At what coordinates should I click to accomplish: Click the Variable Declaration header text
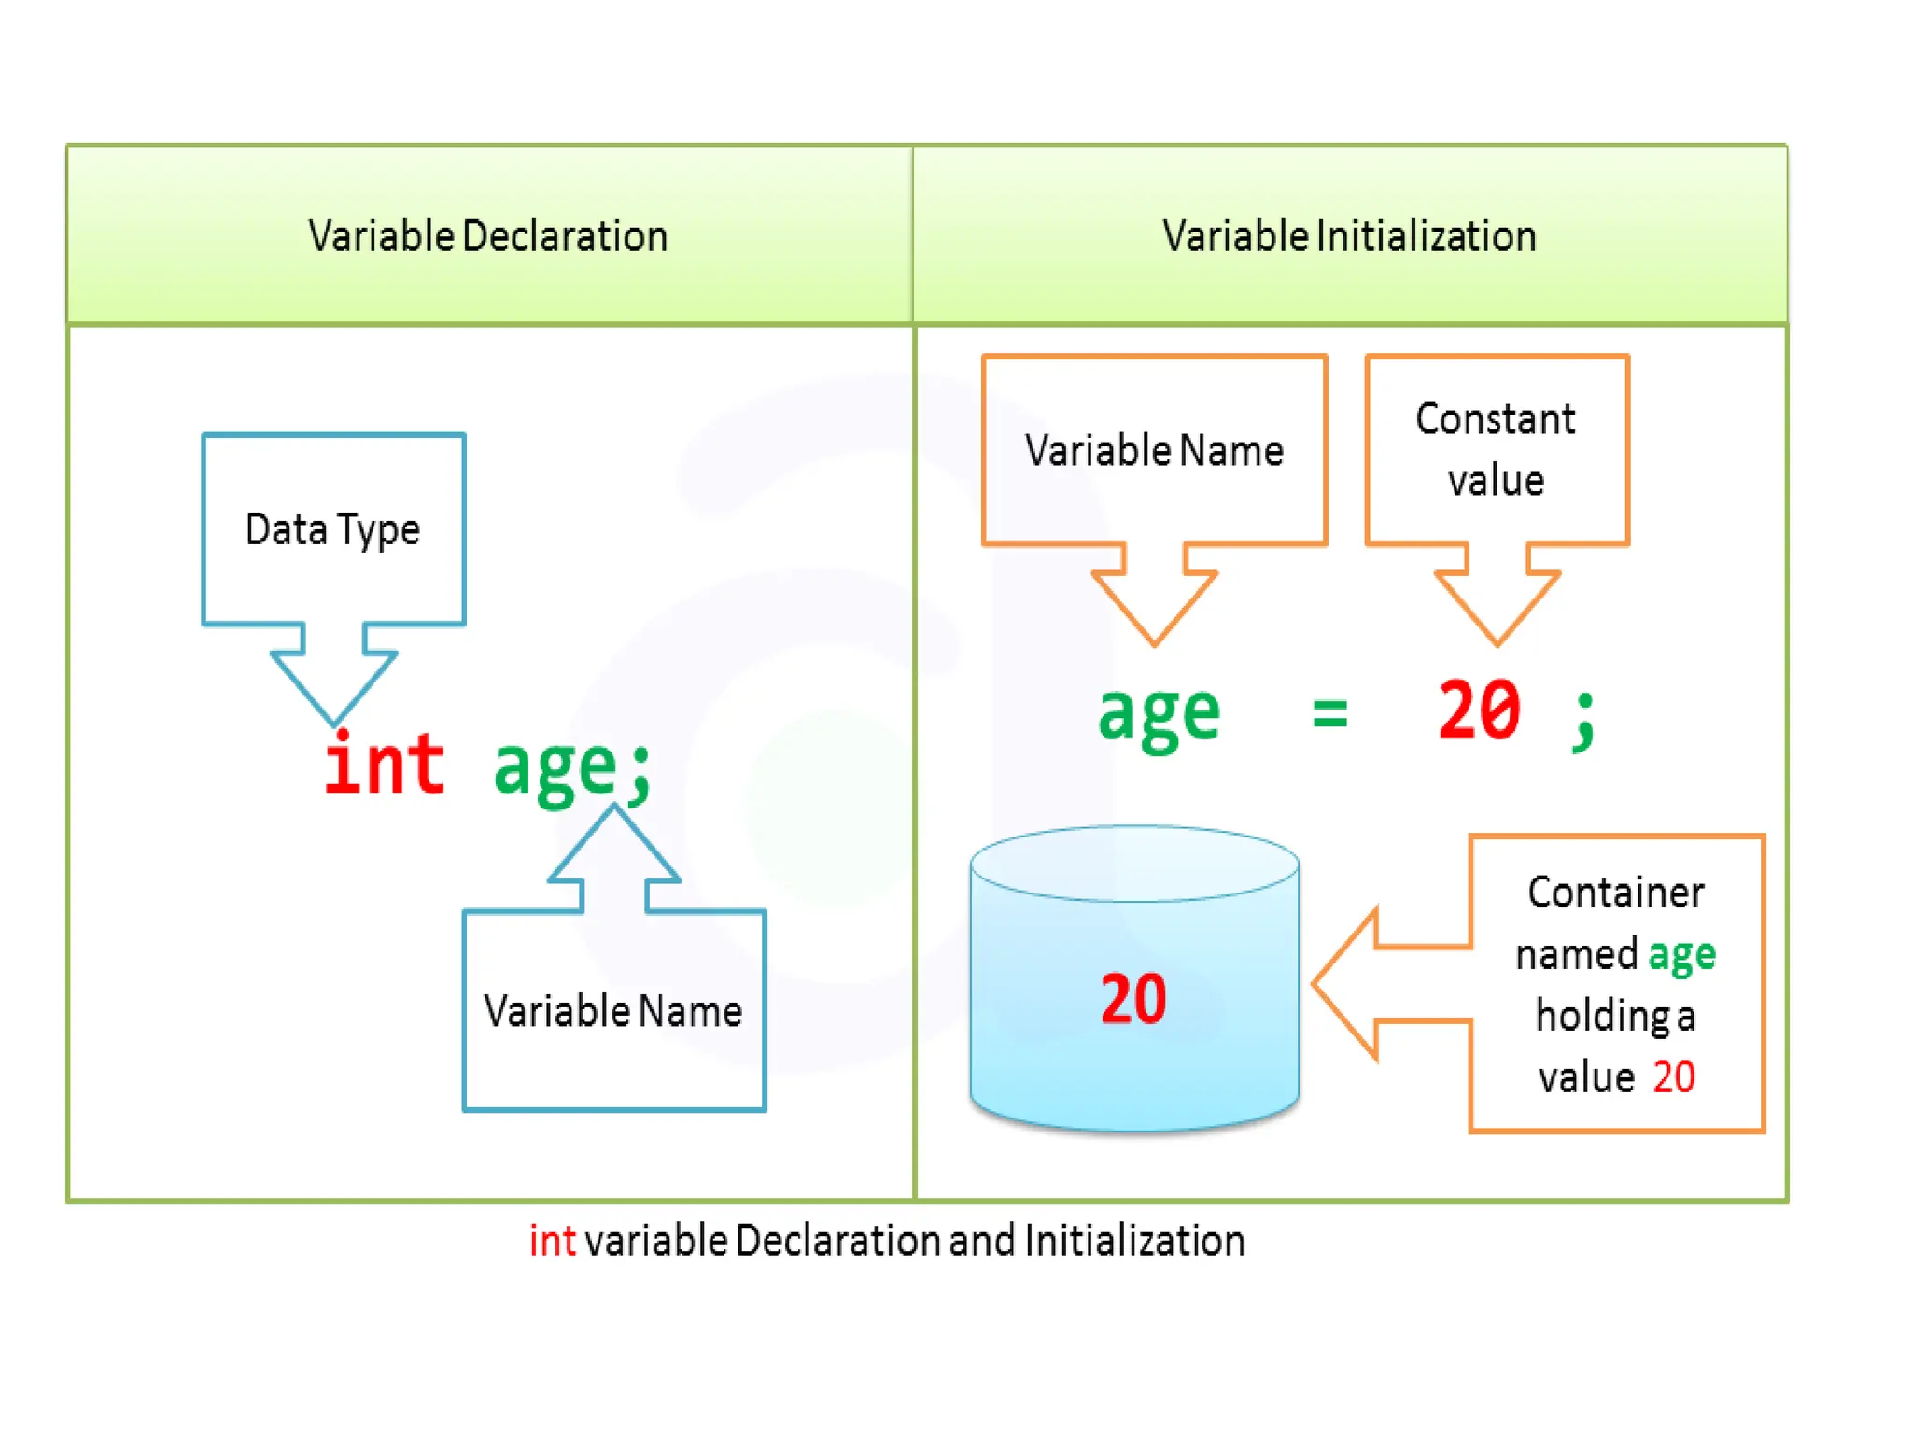point(488,236)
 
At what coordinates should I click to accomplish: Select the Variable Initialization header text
point(1349,236)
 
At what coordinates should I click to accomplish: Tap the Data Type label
point(332,529)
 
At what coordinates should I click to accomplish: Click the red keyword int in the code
point(384,765)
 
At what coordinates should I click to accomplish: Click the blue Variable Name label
point(612,1011)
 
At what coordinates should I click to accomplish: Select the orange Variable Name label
point(1154,451)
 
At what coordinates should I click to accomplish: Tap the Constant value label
point(1496,449)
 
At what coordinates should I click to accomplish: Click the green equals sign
point(1329,714)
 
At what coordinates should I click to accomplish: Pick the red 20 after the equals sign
point(1479,711)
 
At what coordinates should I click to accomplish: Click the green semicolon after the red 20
point(1584,721)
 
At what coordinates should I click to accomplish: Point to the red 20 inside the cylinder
point(1133,999)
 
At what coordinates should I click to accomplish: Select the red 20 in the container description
point(1674,1077)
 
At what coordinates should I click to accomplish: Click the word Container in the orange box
point(1615,893)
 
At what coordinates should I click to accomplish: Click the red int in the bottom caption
point(552,1241)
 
